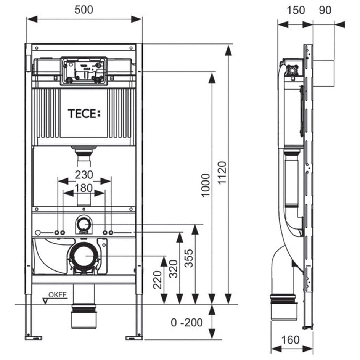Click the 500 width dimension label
[84, 10]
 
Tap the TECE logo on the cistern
[84, 114]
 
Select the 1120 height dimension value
[222, 173]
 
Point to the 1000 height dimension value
[206, 185]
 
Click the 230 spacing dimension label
[84, 175]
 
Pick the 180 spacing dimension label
[84, 188]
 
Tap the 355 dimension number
[189, 258]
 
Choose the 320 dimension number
[174, 269]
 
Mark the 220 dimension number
[157, 280]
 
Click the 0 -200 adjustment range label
[186, 323]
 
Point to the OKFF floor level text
[58, 295]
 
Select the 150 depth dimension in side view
[296, 10]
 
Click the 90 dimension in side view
[325, 10]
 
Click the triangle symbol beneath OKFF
[45, 301]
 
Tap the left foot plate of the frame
[33, 338]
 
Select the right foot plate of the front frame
[134, 338]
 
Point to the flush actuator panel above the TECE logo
[84, 71]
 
